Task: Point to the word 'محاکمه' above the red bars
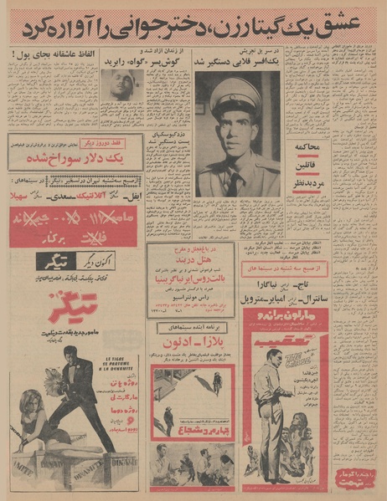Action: coord(308,147)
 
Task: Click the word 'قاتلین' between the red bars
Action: coord(307,166)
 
